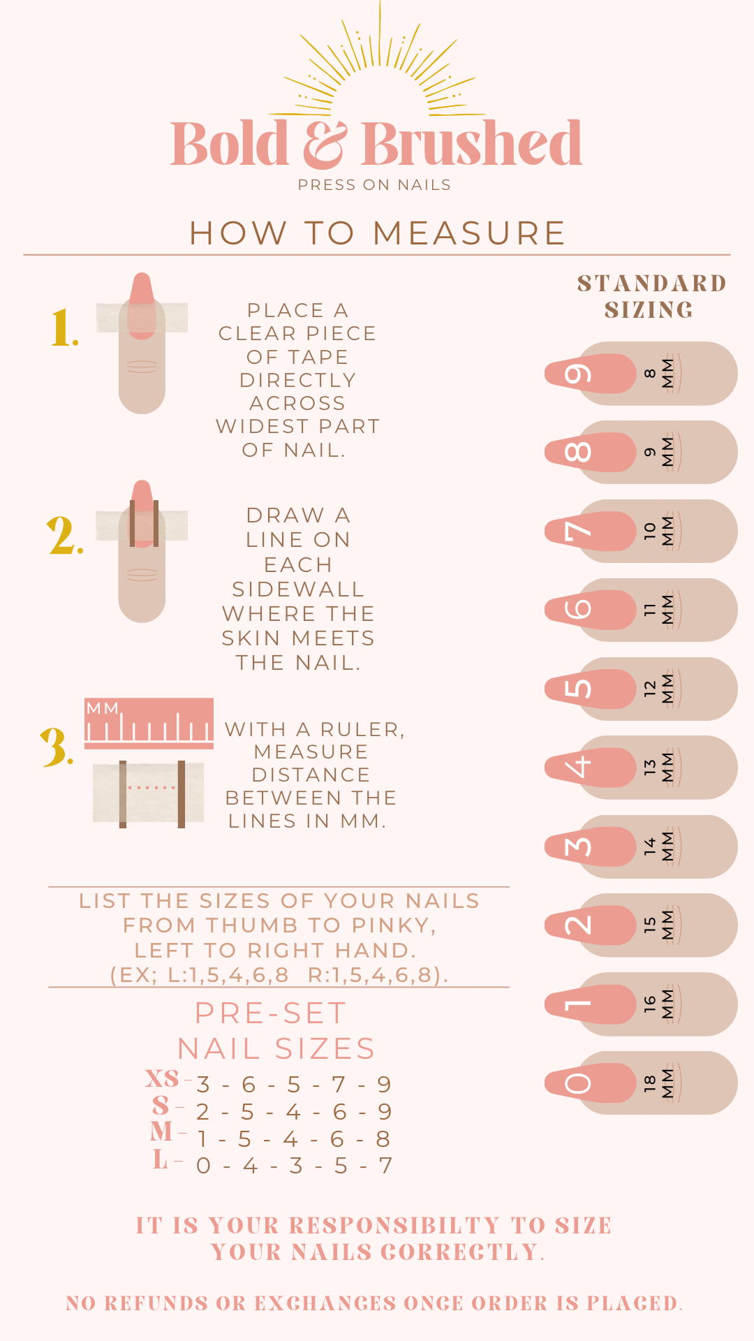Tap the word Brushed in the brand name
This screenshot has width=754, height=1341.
click(471, 143)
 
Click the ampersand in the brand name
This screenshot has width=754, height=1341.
click(325, 145)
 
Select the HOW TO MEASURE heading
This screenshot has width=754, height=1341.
click(377, 233)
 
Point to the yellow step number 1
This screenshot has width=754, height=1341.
click(64, 328)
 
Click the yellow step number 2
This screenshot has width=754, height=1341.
click(66, 536)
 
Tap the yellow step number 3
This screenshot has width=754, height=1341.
click(57, 746)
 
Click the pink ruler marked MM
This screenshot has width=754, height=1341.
click(149, 723)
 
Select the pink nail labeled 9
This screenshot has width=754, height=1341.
click(591, 374)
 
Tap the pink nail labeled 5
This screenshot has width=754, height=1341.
click(591, 689)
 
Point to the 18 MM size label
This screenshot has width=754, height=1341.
click(659, 1083)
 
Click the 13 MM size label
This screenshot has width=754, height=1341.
click(659, 768)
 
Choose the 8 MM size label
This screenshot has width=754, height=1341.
click(659, 374)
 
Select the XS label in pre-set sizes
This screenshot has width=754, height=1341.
click(162, 1078)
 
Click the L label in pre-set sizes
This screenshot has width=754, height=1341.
click(161, 1160)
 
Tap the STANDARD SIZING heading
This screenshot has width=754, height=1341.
click(651, 297)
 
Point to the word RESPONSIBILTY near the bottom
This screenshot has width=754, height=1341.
click(394, 1226)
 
